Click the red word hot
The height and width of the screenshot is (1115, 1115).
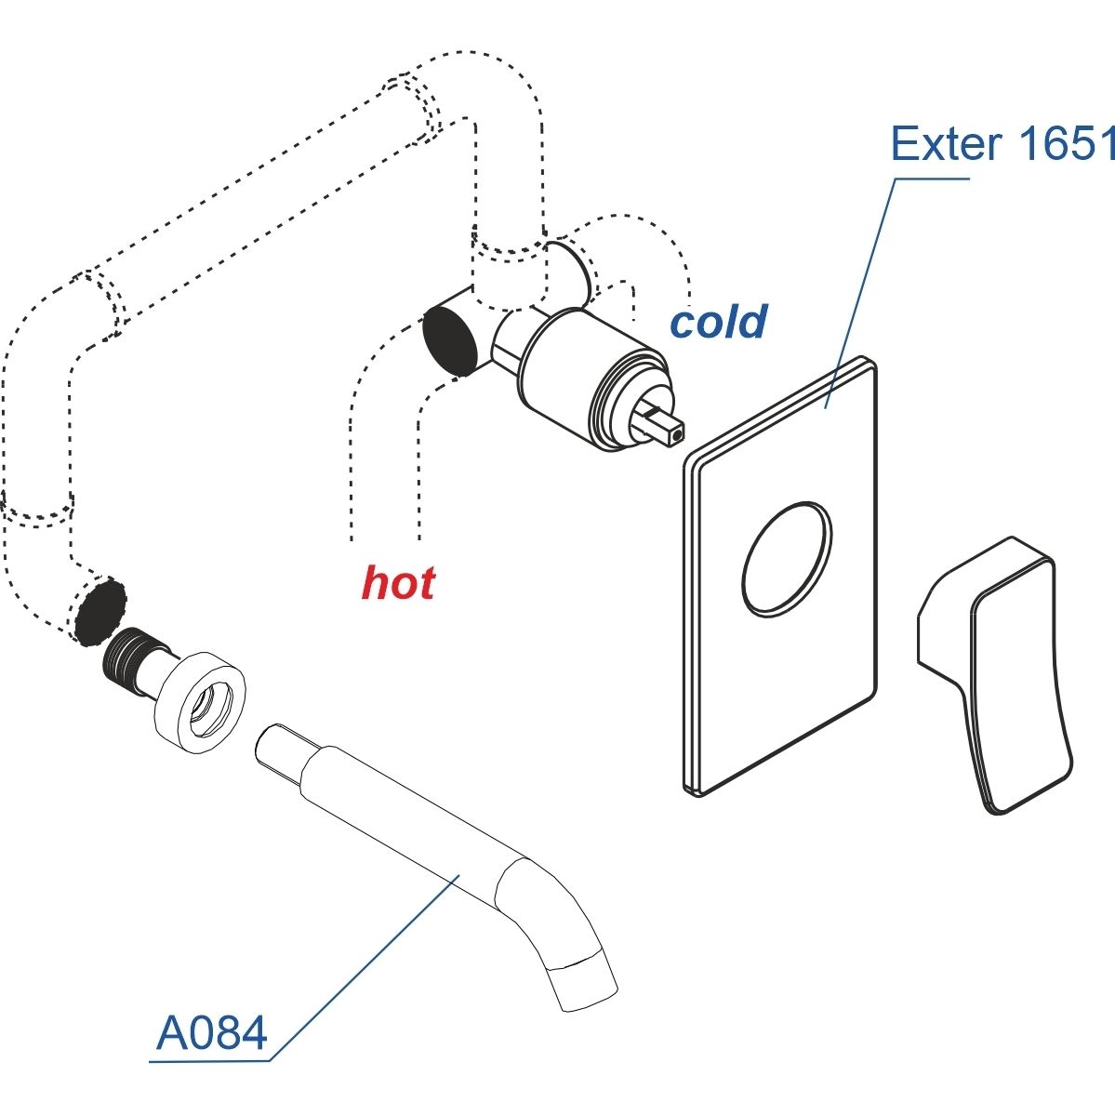[x=398, y=583]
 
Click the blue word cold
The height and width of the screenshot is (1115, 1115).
[x=719, y=322]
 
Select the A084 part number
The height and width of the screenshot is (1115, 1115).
[x=213, y=1033]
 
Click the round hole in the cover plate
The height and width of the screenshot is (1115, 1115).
[x=787, y=558]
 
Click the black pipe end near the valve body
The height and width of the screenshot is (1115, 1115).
[x=451, y=338]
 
